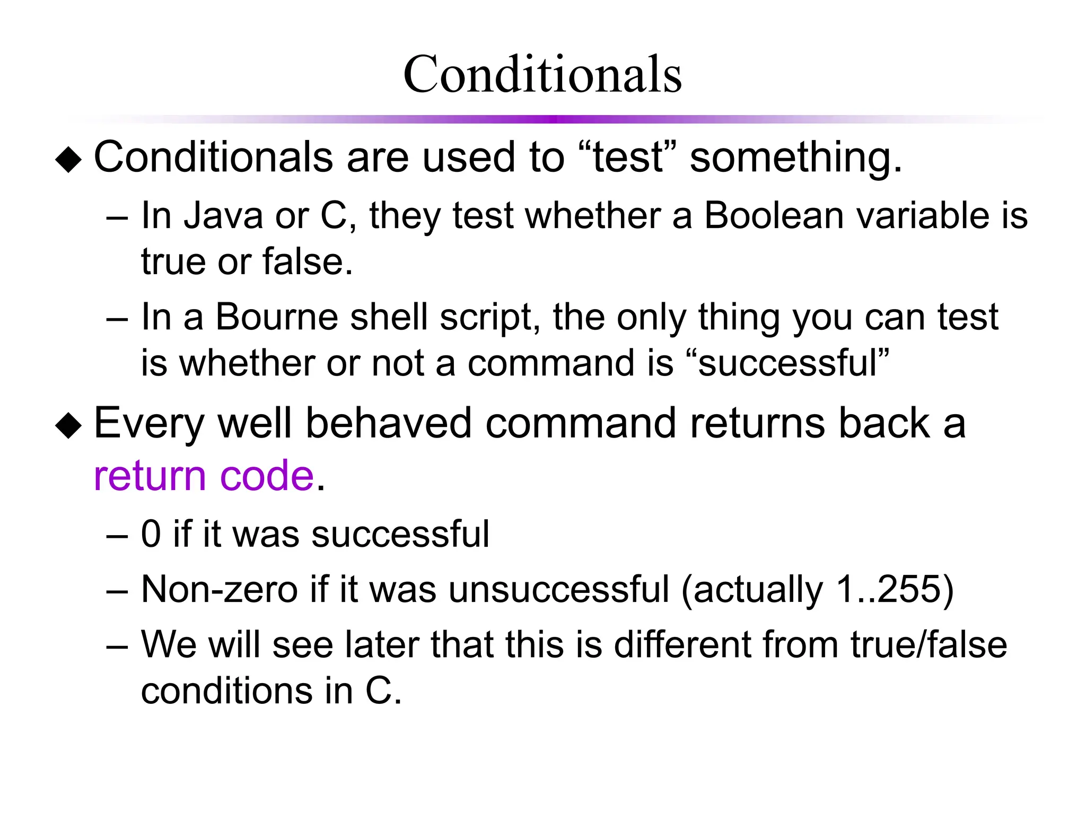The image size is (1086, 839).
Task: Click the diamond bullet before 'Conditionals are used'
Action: tap(69, 160)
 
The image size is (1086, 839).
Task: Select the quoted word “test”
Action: tap(628, 157)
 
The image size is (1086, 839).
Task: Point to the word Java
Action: tap(223, 216)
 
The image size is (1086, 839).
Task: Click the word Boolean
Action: tap(774, 216)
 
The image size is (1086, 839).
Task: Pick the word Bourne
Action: tap(276, 317)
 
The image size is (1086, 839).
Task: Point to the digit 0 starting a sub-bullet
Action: tap(151, 534)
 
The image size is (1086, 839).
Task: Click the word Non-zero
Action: tap(220, 589)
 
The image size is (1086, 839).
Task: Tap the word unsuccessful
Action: tap(559, 589)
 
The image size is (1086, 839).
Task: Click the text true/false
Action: tap(929, 645)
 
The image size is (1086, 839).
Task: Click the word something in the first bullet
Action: tap(795, 158)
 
